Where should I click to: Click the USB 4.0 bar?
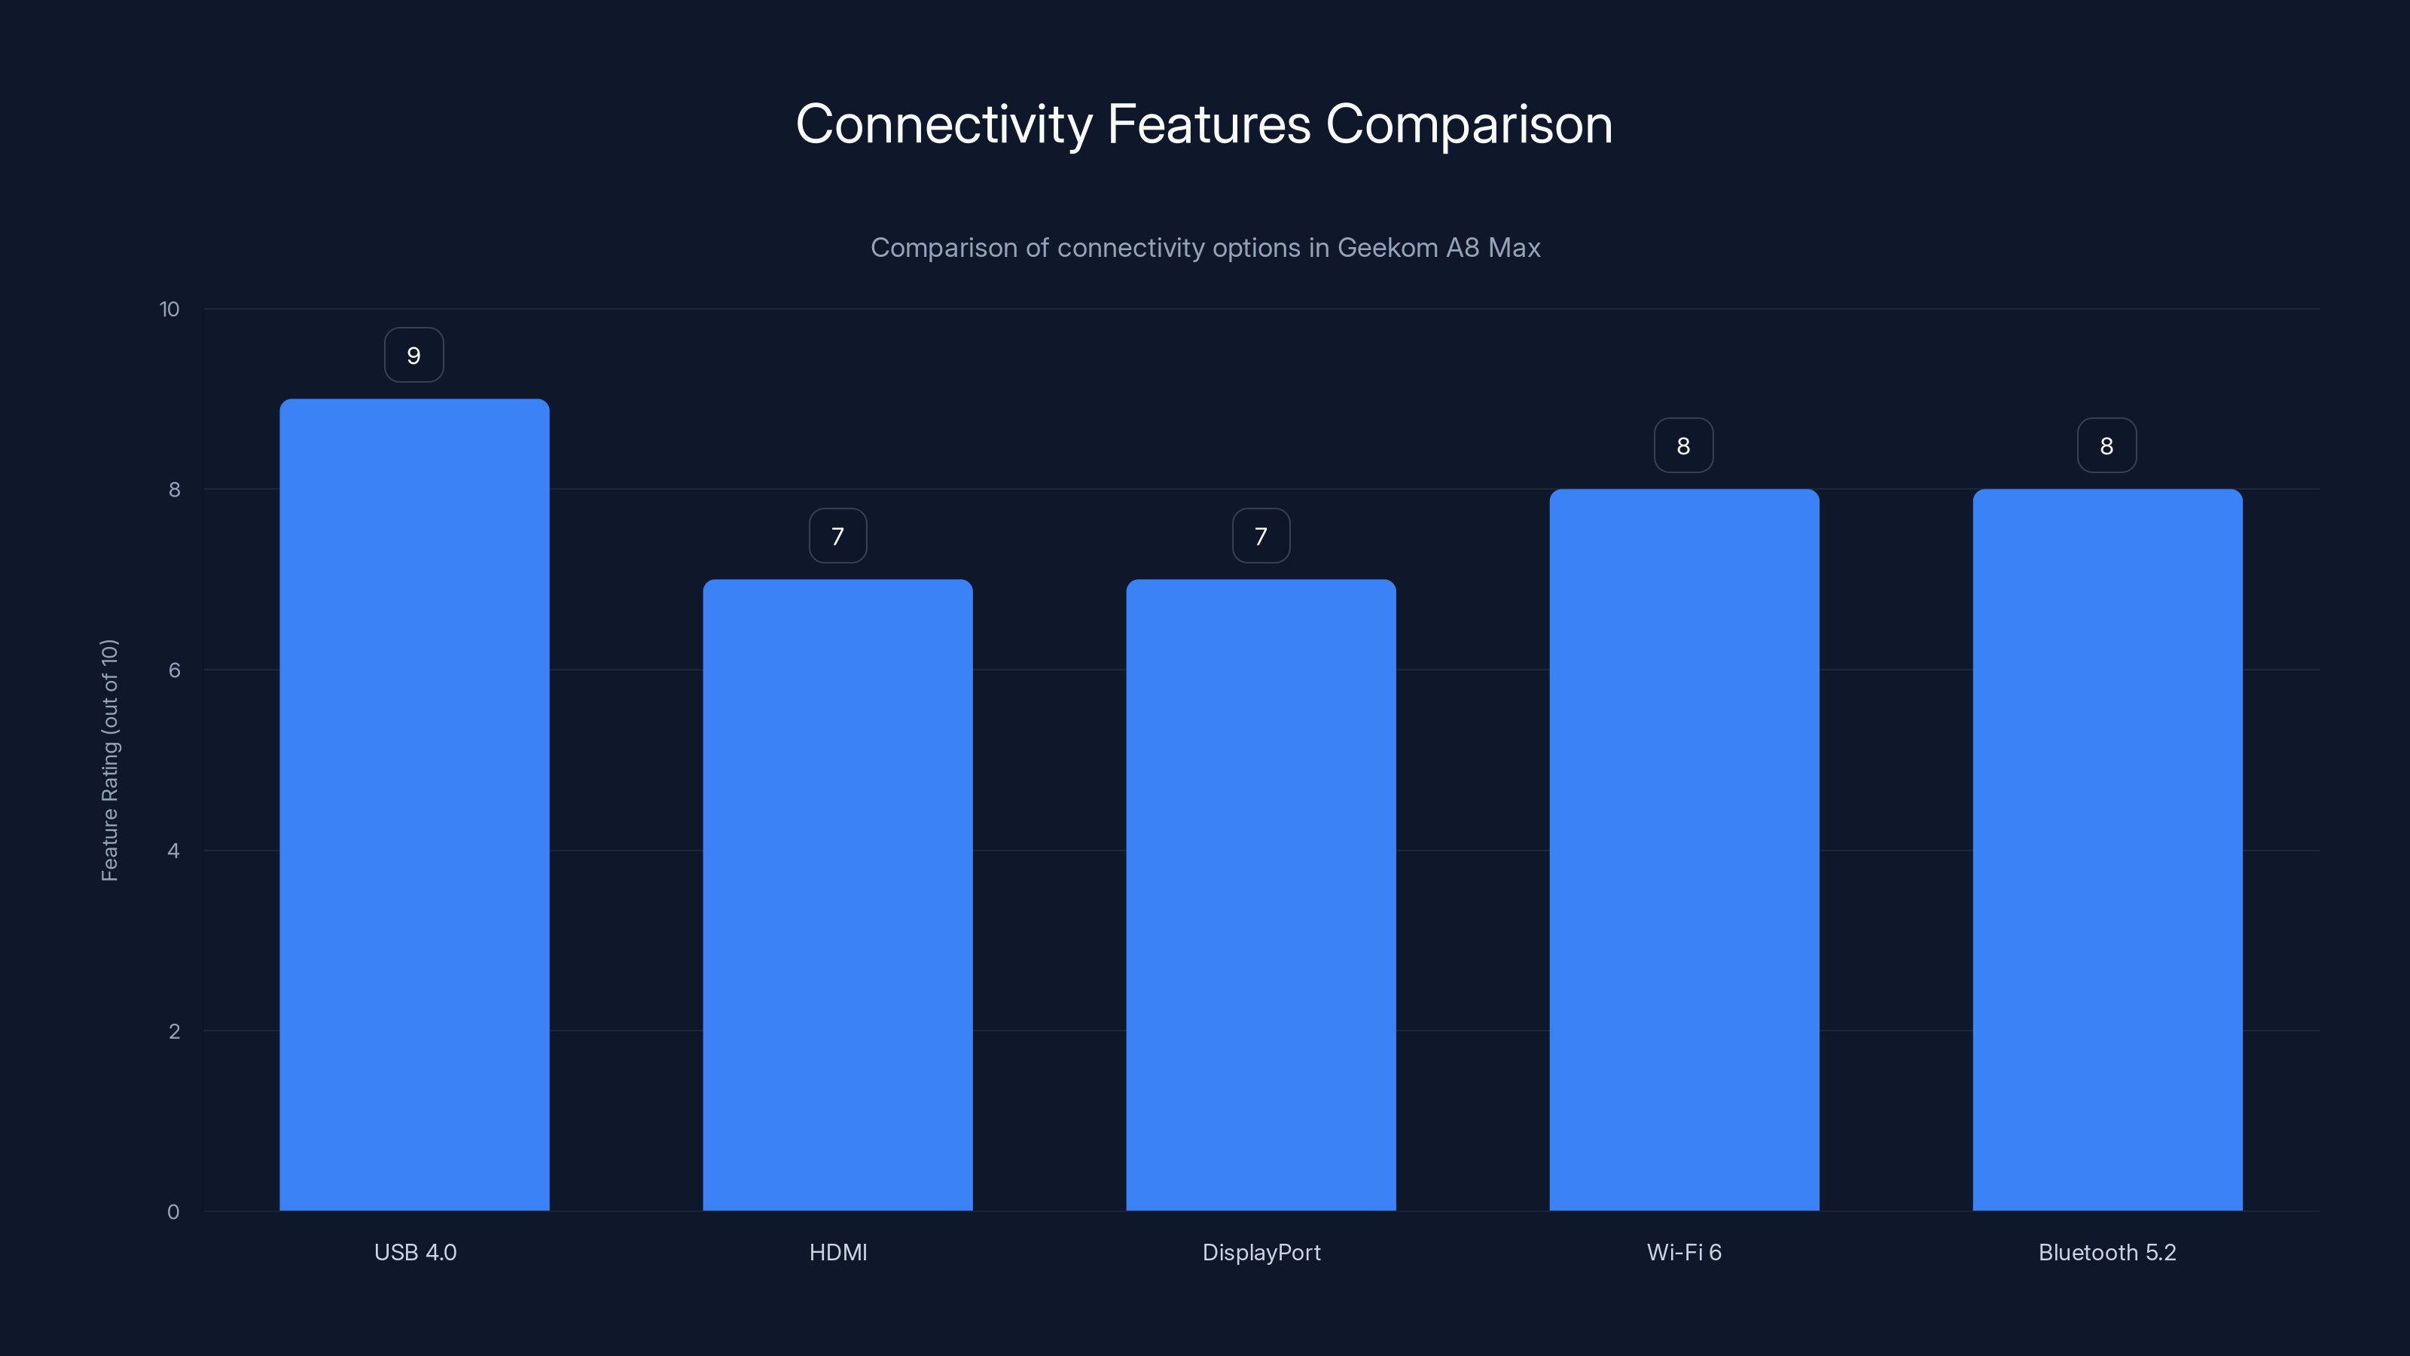tap(414, 805)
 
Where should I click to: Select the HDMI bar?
tap(837, 895)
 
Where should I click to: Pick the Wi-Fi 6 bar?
tap(1684, 850)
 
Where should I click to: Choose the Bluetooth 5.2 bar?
tap(2107, 850)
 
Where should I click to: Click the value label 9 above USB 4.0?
tap(413, 356)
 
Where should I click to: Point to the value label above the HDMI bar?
tap(837, 536)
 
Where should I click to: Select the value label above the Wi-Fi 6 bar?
tap(1683, 445)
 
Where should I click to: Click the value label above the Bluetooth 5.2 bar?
tap(2106, 445)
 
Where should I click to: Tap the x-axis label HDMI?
tap(837, 1252)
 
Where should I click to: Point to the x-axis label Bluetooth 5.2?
tap(2107, 1252)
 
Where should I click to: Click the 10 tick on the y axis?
tap(169, 309)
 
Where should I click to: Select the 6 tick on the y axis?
tap(174, 670)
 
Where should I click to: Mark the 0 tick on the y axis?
tap(173, 1212)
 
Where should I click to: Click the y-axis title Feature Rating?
tap(109, 760)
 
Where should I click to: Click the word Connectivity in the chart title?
tap(943, 124)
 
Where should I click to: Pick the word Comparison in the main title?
tap(1469, 124)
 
